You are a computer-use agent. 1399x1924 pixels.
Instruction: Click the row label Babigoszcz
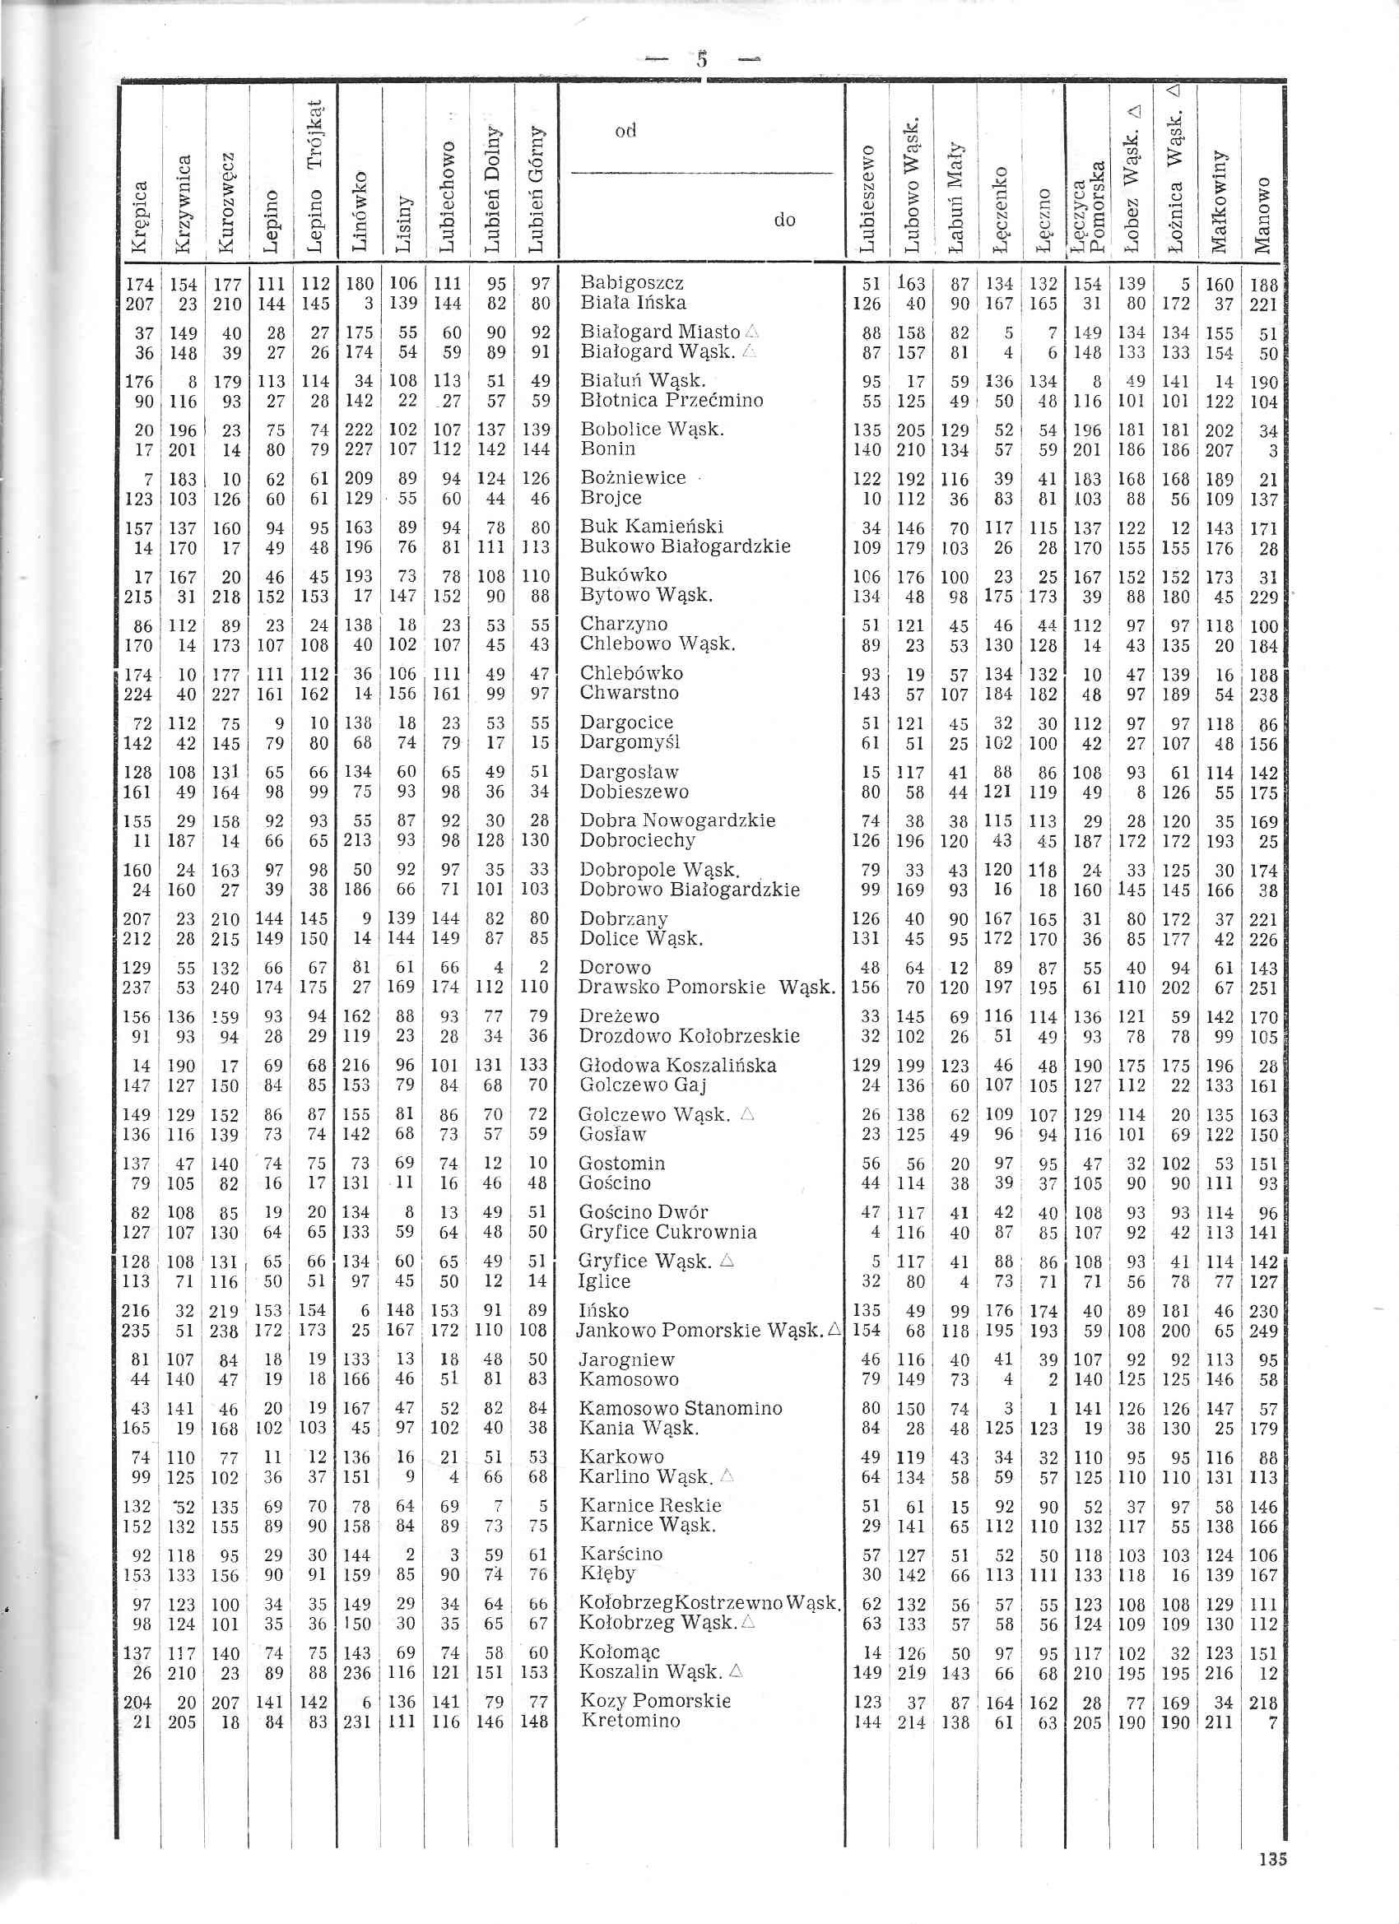point(631,282)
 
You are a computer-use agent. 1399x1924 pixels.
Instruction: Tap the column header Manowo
point(1262,216)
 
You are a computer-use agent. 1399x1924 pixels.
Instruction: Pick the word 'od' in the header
point(625,131)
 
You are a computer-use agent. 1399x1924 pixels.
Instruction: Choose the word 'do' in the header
point(785,221)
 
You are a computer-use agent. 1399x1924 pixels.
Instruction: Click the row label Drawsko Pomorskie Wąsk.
point(706,988)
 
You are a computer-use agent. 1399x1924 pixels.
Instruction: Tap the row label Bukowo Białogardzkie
point(685,546)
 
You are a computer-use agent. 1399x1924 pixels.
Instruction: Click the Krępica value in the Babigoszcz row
point(139,283)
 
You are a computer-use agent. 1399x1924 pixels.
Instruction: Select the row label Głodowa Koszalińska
point(677,1066)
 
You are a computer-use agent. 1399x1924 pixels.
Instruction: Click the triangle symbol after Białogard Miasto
point(751,332)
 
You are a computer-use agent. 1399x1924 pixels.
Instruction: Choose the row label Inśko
point(603,1310)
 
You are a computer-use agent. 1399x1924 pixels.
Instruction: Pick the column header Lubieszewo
point(867,198)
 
